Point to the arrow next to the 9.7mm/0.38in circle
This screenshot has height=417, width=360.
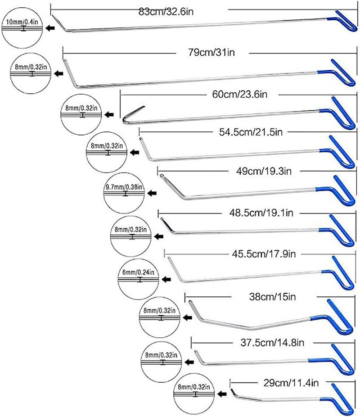point(153,194)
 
